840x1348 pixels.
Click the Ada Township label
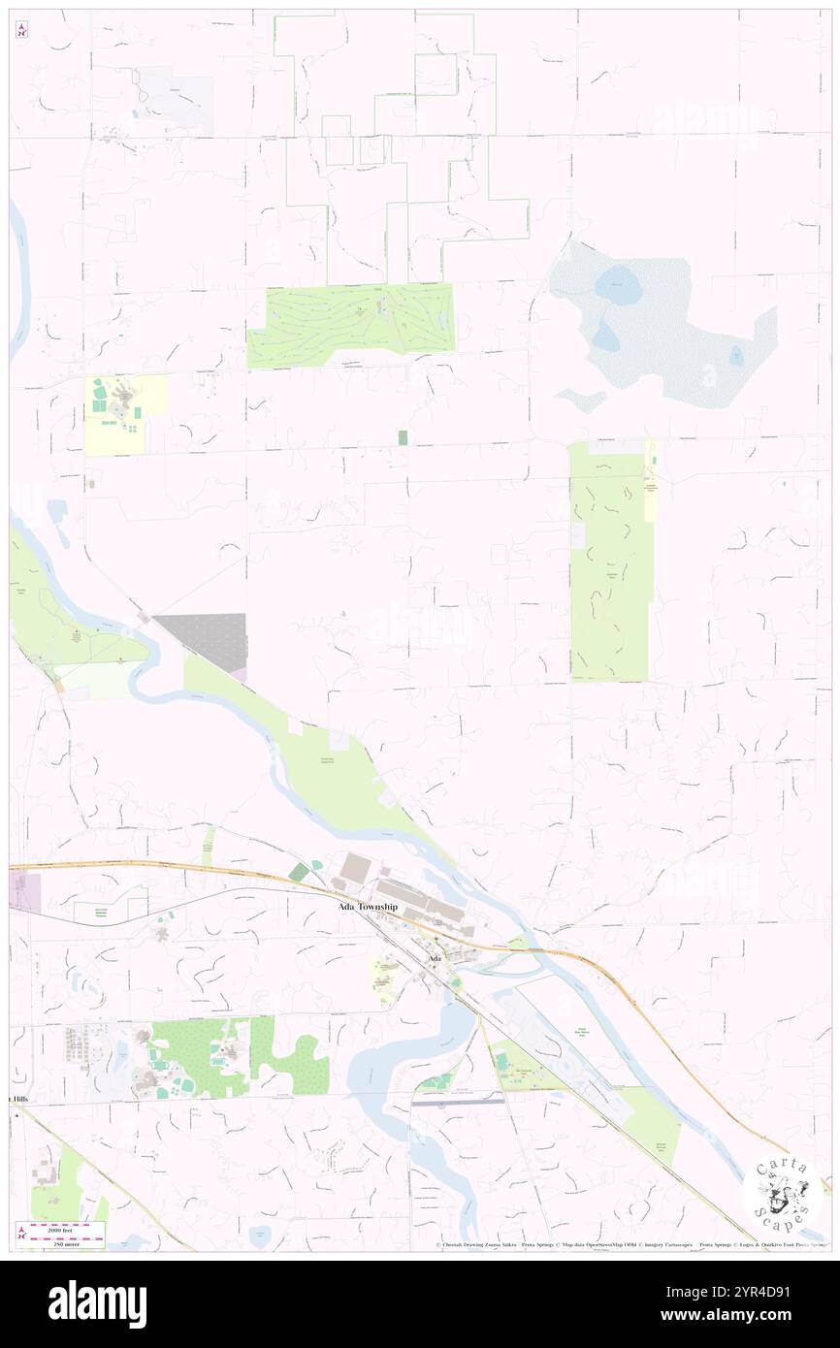[x=367, y=907]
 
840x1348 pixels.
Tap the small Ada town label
[x=436, y=958]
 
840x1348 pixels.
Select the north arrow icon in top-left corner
[x=22, y=29]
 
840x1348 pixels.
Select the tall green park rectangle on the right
[x=608, y=562]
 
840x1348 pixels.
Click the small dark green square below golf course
[x=403, y=438]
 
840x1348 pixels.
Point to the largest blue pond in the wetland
[x=618, y=285]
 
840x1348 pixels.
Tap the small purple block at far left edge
[x=25, y=891]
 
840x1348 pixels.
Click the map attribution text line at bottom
[x=630, y=1244]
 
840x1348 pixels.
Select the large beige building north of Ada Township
[x=355, y=867]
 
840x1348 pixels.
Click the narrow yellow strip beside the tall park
[x=652, y=480]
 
